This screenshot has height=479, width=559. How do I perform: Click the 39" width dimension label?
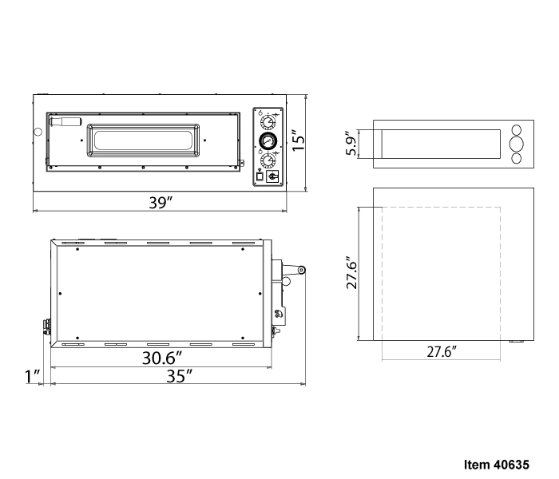[161, 203]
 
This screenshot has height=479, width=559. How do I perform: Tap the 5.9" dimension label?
[351, 143]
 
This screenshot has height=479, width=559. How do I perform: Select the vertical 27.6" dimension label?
[352, 272]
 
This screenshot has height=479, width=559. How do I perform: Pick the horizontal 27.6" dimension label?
[442, 352]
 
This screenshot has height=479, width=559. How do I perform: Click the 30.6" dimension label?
[162, 358]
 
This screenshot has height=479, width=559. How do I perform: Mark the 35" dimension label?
[180, 376]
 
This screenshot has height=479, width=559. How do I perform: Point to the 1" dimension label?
[32, 377]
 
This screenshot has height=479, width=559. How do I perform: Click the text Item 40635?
[497, 465]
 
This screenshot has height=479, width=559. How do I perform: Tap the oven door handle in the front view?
[66, 121]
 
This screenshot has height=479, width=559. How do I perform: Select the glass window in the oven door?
[143, 140]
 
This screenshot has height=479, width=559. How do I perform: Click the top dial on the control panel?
[268, 123]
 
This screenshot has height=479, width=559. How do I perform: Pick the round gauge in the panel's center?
[267, 141]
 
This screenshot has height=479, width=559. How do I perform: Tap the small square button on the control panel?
[260, 176]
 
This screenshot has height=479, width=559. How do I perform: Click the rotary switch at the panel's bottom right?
[272, 176]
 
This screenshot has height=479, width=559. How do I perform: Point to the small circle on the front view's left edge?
[38, 132]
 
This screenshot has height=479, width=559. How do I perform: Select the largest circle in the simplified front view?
[516, 144]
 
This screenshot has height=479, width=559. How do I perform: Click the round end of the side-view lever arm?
[302, 270]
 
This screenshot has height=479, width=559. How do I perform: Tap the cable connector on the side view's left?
[46, 327]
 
